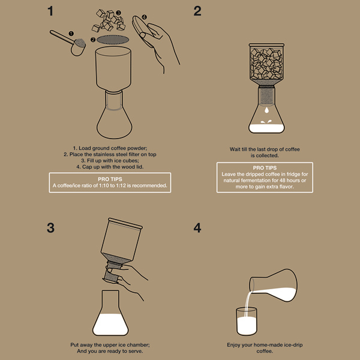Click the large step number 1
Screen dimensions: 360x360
pos(51,11)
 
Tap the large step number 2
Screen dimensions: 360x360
pos(197,11)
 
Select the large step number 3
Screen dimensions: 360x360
pos(50,228)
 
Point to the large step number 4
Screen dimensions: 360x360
pos(197,228)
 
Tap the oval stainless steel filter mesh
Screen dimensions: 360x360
pos(113,40)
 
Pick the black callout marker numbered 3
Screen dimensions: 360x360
pos(118,13)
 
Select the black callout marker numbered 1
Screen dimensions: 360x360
pos(71,34)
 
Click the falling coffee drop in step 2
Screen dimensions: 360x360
pos(266,110)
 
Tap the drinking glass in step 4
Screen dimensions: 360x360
pos(247,322)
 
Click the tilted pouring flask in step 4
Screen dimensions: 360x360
pos(273,285)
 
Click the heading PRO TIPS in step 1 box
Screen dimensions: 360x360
pos(110,179)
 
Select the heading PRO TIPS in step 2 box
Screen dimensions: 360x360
pos(265,168)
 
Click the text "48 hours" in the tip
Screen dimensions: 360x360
pos(289,181)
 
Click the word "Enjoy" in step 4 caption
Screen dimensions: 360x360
pos(233,345)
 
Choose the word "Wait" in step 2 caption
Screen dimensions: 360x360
pos(235,149)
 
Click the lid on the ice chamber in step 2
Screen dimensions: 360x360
pos(266,45)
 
